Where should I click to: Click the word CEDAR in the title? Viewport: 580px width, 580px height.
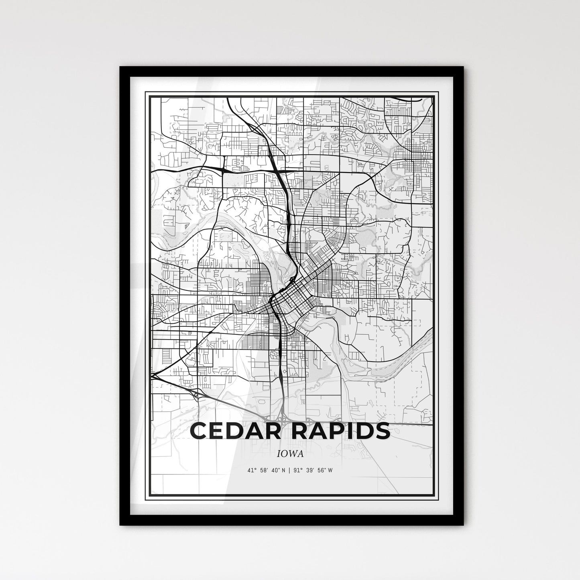coord(231,431)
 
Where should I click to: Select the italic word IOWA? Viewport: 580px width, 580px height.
coord(289,454)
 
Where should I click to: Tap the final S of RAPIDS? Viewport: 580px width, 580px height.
coord(382,431)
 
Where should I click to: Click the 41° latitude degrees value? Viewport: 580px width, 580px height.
coord(252,470)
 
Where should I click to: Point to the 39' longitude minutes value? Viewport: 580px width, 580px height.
coord(310,470)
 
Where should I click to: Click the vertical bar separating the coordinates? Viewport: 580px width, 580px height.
coord(290,470)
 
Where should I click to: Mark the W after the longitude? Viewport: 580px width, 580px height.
coord(330,470)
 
